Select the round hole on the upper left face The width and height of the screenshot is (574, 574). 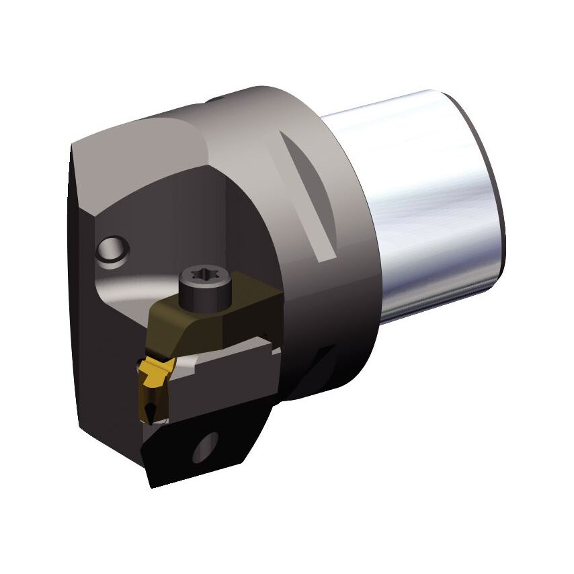click(112, 249)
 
